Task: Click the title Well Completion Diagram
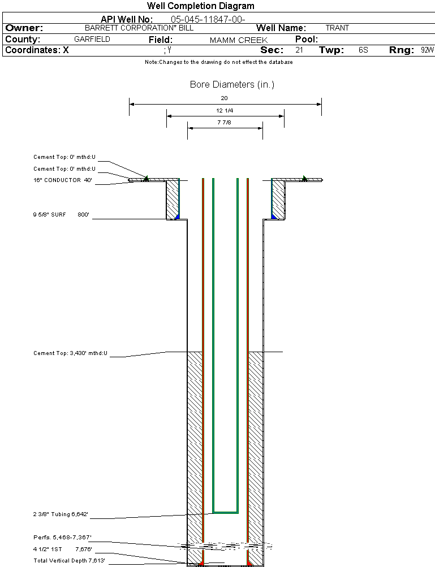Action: [200, 6]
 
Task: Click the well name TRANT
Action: [337, 28]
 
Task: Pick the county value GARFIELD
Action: [92, 40]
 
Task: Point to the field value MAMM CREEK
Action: [239, 40]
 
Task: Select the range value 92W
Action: [427, 50]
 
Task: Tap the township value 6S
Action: [363, 50]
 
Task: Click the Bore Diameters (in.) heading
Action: [232, 85]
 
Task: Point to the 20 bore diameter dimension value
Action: [225, 98]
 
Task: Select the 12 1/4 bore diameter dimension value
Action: [225, 110]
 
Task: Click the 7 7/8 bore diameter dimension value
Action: [225, 123]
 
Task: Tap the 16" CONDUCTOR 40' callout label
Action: [62, 180]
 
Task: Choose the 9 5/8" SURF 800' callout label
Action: [61, 215]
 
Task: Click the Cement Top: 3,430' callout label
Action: [70, 353]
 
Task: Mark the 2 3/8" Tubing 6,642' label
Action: [61, 514]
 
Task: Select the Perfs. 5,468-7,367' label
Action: [62, 537]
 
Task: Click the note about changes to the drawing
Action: [218, 62]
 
